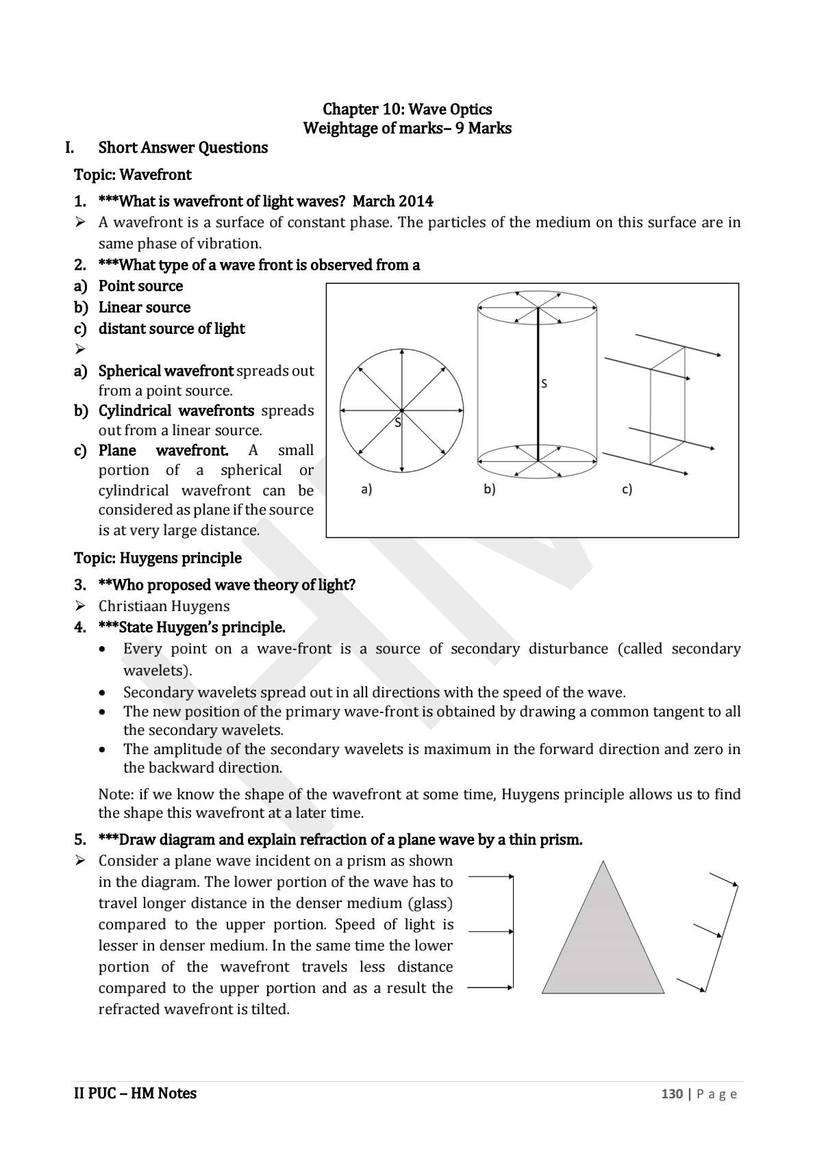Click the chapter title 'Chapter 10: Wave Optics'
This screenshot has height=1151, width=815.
(x=407, y=109)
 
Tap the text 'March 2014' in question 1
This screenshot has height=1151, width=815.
(x=392, y=201)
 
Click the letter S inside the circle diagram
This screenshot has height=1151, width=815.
(x=398, y=423)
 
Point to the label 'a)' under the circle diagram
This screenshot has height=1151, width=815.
(x=366, y=489)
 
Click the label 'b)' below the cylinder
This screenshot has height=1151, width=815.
(x=489, y=489)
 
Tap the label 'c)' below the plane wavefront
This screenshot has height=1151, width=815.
(x=626, y=489)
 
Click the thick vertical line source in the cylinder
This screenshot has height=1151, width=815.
(x=538, y=383)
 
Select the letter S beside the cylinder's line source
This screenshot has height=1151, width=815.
(x=544, y=384)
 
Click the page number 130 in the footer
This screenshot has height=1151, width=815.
(x=672, y=1094)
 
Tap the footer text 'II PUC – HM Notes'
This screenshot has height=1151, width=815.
(x=135, y=1094)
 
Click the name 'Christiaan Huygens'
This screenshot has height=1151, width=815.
(x=164, y=606)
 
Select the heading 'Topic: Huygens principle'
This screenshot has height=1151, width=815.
(x=158, y=558)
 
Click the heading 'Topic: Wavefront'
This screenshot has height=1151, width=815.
(x=132, y=175)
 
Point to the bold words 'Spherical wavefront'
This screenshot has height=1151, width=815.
(x=166, y=371)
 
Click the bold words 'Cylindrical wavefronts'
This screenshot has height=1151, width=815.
(x=176, y=411)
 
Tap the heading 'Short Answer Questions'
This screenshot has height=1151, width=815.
(x=183, y=148)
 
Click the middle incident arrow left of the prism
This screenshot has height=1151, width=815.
(x=490, y=931)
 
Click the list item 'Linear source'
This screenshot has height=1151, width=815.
(x=144, y=307)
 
